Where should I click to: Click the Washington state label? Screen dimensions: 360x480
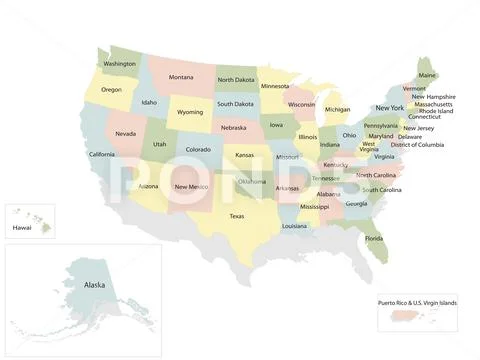[120, 64]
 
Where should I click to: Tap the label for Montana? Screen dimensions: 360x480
[181, 78]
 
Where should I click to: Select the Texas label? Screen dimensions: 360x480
[237, 216]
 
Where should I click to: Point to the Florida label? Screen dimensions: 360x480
[374, 238]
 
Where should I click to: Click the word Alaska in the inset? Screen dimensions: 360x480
[95, 285]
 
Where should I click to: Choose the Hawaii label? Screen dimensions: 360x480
[22, 228]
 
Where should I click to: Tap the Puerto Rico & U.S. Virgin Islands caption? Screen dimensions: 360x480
[417, 302]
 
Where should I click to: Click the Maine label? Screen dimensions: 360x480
[427, 75]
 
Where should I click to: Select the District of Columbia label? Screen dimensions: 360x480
[417, 145]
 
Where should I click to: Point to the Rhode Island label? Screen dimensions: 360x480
[436, 111]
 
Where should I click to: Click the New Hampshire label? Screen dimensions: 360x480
[434, 97]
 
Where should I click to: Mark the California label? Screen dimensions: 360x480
[101, 154]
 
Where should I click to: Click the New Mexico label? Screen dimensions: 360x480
[191, 186]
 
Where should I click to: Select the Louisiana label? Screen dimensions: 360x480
[294, 226]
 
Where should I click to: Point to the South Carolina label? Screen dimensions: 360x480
[382, 190]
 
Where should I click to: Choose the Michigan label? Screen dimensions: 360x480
[337, 110]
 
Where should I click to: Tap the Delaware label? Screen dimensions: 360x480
[409, 137]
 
